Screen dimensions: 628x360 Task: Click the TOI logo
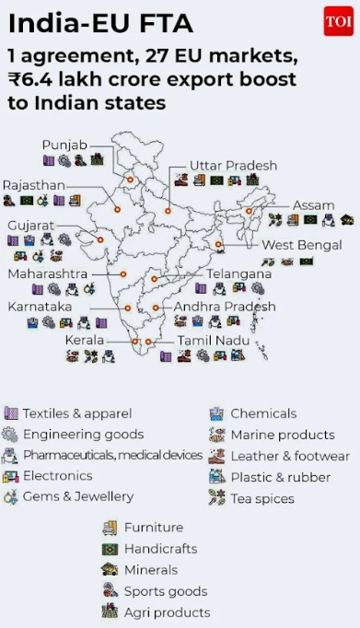[338, 20]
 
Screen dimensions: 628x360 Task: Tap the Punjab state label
[64, 145]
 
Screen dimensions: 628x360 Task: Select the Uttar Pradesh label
[233, 165]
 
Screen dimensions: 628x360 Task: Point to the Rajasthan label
[33, 185]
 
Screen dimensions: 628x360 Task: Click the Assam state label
[312, 205]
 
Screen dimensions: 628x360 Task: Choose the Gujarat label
[31, 225]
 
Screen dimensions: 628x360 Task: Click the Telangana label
[238, 273]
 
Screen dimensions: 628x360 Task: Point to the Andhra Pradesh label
[225, 306]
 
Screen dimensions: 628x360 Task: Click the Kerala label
[84, 340]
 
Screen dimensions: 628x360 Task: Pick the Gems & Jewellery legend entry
[78, 496]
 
